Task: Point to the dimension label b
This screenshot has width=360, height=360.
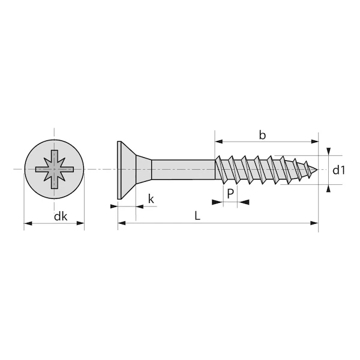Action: (x=262, y=135)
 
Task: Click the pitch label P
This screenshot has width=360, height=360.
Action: (x=230, y=193)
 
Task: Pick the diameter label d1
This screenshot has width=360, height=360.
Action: (x=340, y=170)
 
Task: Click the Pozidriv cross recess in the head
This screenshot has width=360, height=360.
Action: (x=54, y=169)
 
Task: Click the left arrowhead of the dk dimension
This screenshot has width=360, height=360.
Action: (x=28, y=224)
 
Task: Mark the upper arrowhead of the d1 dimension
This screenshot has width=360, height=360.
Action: (x=328, y=151)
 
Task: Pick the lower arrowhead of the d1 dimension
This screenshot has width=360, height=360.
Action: (x=328, y=188)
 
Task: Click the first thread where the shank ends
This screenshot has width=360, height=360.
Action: (x=221, y=169)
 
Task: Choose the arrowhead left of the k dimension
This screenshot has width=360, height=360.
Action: (x=113, y=206)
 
